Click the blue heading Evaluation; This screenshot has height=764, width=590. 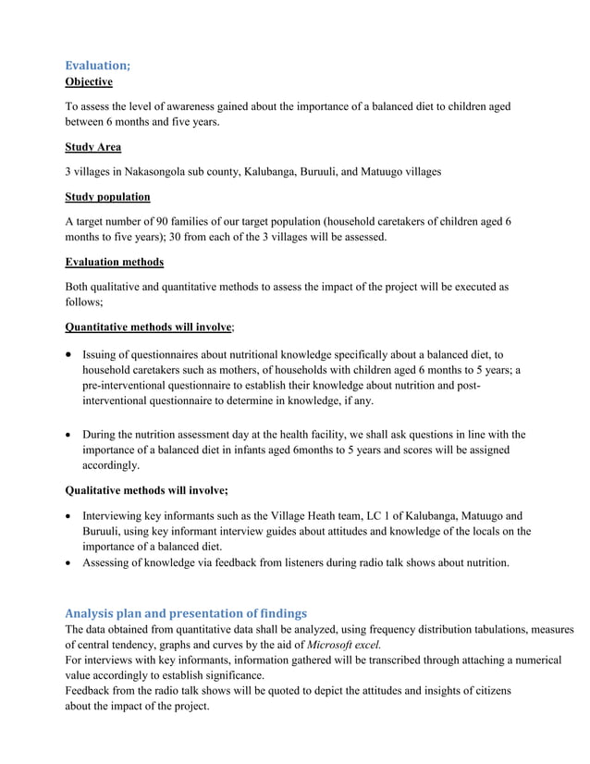click(x=97, y=65)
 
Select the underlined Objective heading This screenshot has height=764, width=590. click(x=89, y=82)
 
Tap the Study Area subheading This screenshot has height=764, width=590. click(x=92, y=146)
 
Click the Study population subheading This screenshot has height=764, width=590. click(x=107, y=197)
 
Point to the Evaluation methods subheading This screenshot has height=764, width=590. click(x=114, y=262)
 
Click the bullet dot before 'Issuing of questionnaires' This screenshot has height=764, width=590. click(x=69, y=355)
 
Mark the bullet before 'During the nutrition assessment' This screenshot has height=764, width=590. click(x=69, y=435)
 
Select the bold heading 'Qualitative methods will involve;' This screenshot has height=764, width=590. click(x=146, y=490)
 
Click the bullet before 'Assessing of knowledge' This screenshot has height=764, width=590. click(x=69, y=561)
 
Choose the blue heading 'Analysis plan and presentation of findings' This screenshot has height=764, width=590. click(x=185, y=612)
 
